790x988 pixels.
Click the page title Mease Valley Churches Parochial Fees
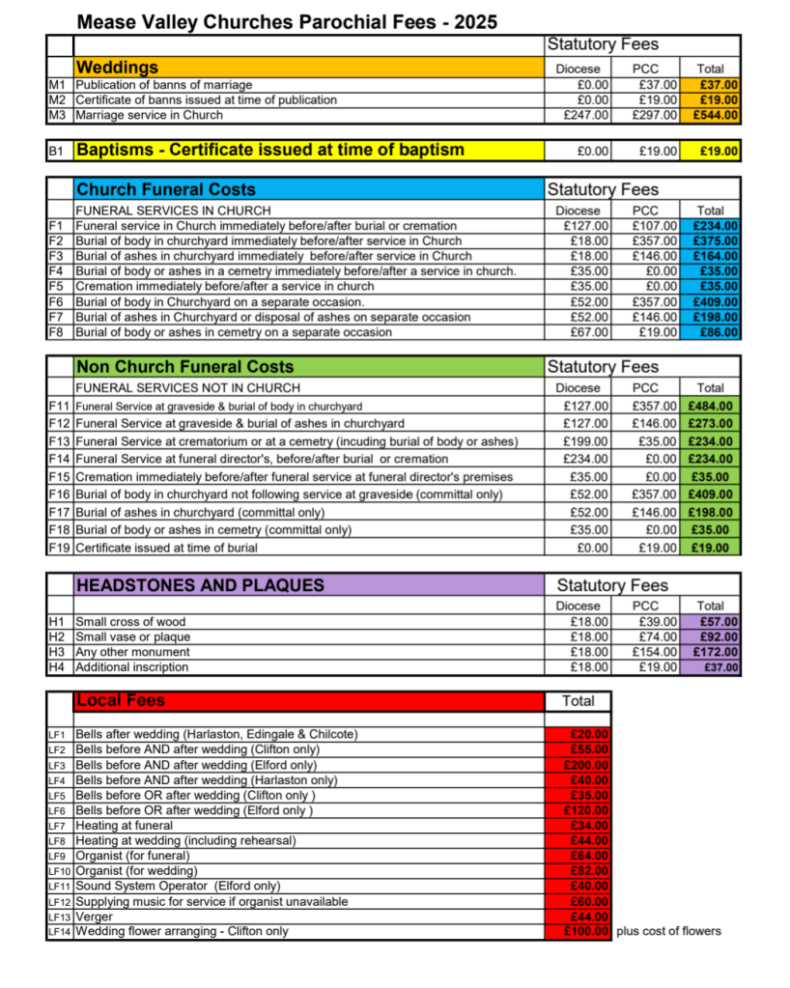click(x=287, y=21)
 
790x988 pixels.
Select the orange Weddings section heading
click(x=117, y=68)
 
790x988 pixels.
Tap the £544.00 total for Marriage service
click(x=718, y=115)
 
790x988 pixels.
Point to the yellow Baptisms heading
click(x=269, y=150)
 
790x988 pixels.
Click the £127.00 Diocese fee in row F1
click(x=587, y=226)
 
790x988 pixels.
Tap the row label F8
click(x=56, y=332)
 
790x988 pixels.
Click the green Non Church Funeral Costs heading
click(x=184, y=367)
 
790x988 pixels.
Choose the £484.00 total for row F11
click(x=712, y=406)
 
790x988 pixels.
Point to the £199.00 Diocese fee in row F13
click(x=587, y=441)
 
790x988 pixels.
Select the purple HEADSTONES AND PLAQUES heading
click(x=200, y=585)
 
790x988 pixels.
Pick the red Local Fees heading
click(x=121, y=700)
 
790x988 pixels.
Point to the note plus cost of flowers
click(x=668, y=931)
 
